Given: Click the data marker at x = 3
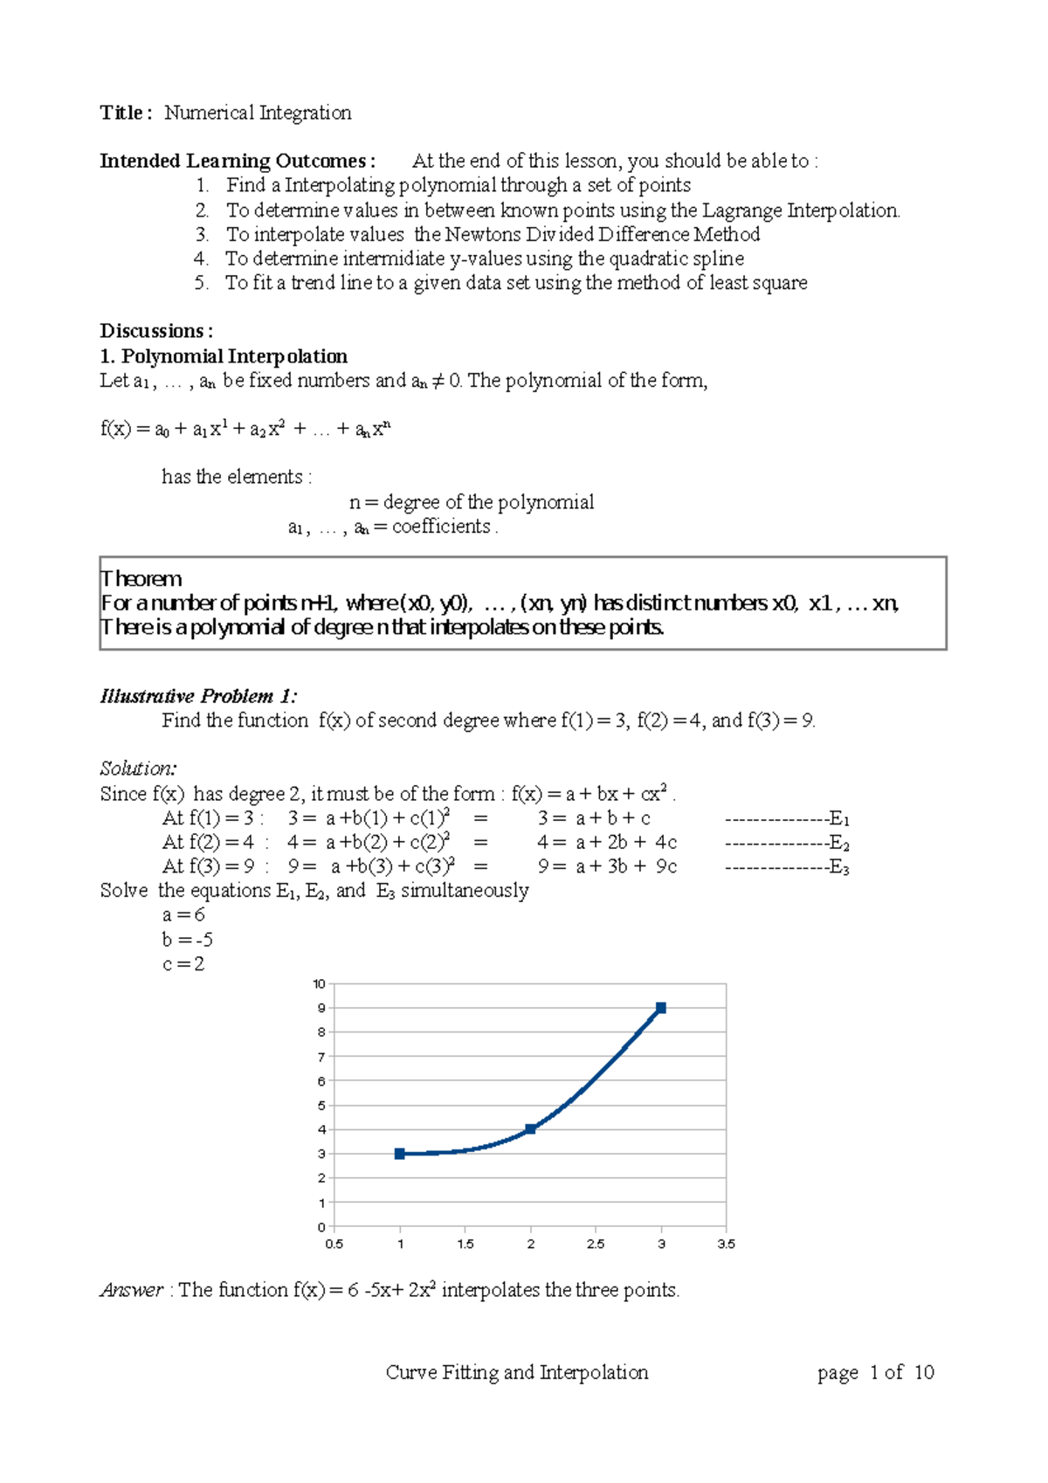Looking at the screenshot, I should tap(661, 1008).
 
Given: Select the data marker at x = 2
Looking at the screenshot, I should tap(530, 1129).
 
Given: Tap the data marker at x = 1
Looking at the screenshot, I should tap(400, 1154).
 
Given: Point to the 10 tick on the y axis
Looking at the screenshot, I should tap(320, 984).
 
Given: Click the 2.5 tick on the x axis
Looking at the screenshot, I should tap(596, 1244).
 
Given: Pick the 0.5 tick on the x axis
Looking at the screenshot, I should tap(334, 1244).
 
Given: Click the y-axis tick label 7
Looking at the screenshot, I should tap(321, 1057).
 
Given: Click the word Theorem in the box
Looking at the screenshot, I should tap(141, 579).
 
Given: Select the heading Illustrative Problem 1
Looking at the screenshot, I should tap(198, 696).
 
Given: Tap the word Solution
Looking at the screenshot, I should tap(138, 769).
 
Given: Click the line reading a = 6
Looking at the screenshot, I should tap(183, 914).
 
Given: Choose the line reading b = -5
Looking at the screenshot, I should tap(187, 940).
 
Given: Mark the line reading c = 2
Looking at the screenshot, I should tap(183, 964).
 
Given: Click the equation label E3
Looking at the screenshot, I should tap(839, 867).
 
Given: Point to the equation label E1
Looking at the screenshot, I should tap(839, 819).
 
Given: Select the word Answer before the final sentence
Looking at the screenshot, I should tap(132, 1290).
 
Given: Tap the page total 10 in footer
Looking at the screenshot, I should tap(924, 1373).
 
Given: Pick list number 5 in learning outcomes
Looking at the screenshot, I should tap(202, 283).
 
